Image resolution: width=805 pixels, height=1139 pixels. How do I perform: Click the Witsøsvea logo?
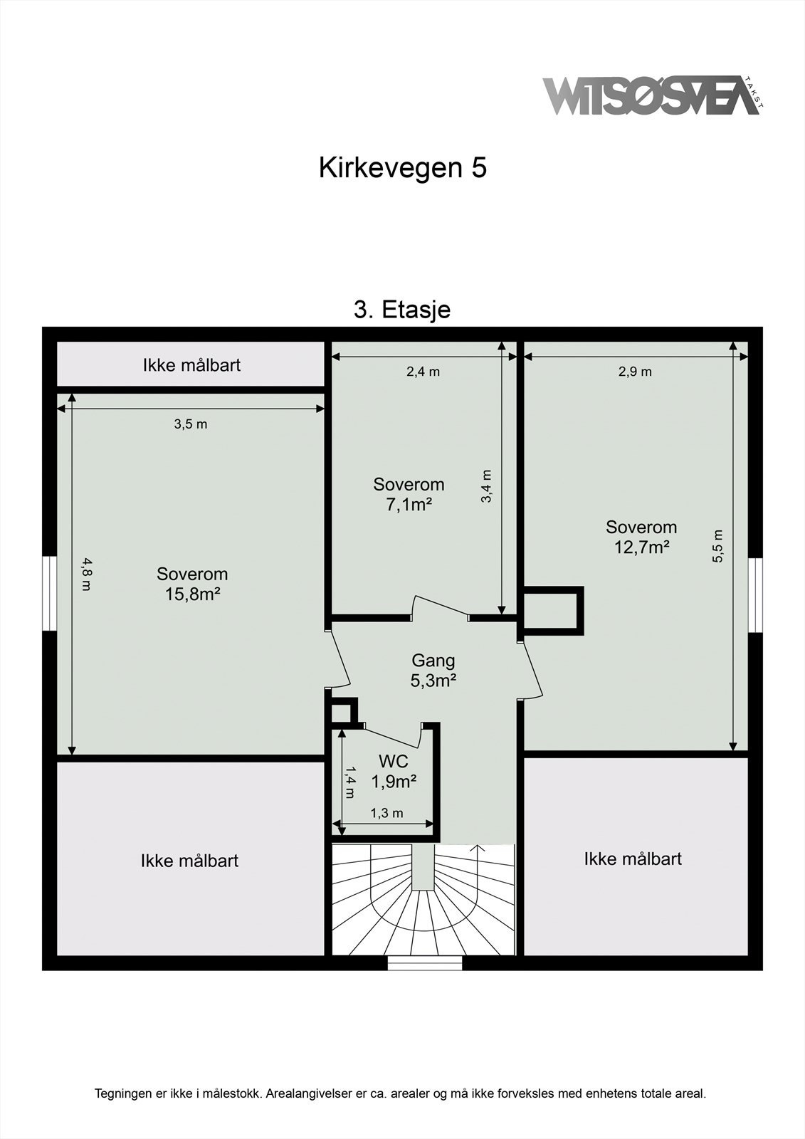[651, 95]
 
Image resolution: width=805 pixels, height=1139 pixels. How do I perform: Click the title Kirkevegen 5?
[402, 168]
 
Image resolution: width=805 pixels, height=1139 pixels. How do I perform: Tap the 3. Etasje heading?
[402, 310]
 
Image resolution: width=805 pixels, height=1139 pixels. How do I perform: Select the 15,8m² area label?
[192, 594]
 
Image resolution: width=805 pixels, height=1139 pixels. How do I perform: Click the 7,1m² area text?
[409, 505]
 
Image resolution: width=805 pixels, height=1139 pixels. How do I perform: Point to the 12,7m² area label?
[641, 547]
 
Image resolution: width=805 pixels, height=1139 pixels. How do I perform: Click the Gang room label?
[433, 661]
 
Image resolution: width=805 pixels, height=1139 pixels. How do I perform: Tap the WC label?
[393, 762]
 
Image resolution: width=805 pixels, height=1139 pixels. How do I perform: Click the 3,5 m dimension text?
[191, 424]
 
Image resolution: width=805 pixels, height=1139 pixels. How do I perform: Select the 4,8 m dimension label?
[85, 574]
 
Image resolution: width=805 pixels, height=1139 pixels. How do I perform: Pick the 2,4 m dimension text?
[423, 372]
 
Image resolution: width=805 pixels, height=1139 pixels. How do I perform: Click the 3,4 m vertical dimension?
[487, 486]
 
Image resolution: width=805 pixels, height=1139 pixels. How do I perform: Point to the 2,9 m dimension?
[635, 372]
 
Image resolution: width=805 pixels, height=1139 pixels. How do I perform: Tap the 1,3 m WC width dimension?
[386, 813]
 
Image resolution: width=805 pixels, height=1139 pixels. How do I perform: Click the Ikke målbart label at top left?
[191, 365]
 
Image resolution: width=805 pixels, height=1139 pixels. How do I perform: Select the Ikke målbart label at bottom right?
[633, 859]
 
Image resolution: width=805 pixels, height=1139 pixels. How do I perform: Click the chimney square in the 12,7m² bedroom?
[552, 609]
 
